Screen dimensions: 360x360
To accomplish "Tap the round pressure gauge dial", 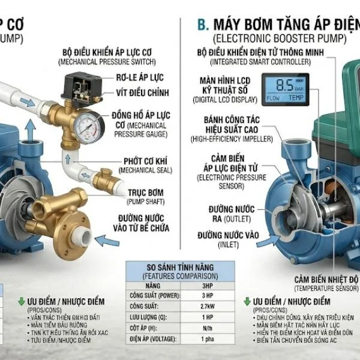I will [86, 125].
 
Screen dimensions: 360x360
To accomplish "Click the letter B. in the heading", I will [203, 24].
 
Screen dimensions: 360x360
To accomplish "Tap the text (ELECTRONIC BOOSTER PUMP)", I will [280, 39].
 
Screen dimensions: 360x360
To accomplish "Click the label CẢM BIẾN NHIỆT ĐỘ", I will [323, 280].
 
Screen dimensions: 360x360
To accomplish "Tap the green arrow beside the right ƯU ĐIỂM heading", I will [247, 301].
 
